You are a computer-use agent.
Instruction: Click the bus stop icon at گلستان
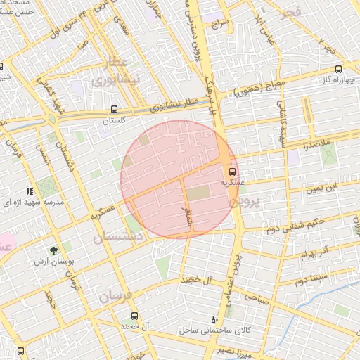click(114, 110)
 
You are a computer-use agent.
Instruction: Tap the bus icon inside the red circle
click(233, 171)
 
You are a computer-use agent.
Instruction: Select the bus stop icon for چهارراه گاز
click(339, 69)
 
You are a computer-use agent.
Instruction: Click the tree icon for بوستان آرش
click(53, 250)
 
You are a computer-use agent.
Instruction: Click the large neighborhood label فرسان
click(115, 295)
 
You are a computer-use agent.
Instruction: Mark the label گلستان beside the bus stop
click(118, 121)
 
